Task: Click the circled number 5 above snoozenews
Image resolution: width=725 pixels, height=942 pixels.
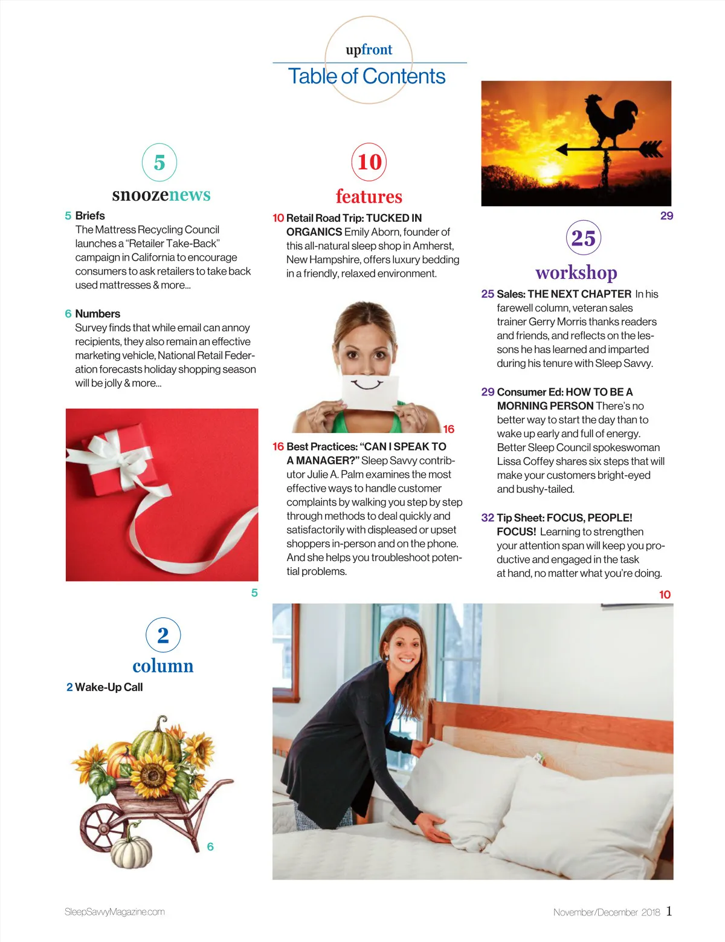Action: click(x=159, y=162)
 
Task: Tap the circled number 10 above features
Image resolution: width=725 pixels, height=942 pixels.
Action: click(x=369, y=162)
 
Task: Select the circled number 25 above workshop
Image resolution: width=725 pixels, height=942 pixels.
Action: click(x=583, y=238)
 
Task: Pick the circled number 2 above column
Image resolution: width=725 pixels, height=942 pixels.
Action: click(x=163, y=635)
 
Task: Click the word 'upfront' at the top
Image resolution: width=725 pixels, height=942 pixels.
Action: click(x=369, y=50)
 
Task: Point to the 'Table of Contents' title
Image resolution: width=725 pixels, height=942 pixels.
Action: click(x=367, y=76)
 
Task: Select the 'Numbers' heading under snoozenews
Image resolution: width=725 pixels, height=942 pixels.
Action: click(x=97, y=313)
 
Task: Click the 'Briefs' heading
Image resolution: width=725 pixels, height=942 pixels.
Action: click(x=90, y=215)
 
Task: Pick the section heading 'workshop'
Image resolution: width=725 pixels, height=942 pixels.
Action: click(x=576, y=273)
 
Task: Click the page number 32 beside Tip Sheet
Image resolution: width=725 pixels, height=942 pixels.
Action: click(x=488, y=518)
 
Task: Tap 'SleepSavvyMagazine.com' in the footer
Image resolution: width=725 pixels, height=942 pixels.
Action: click(x=115, y=912)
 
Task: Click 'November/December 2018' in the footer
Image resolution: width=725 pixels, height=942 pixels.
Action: click(x=606, y=912)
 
